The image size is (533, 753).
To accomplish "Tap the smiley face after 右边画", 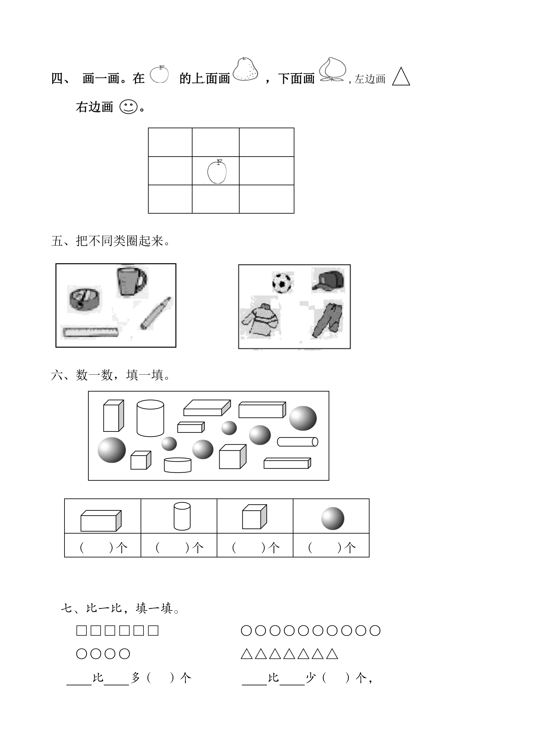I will coord(128,107).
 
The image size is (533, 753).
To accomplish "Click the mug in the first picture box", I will coord(131,282).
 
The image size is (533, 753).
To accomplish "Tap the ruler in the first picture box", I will coord(91,332).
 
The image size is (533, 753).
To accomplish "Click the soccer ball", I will coord(282,282).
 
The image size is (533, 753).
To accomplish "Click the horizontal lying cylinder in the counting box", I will coord(297,442).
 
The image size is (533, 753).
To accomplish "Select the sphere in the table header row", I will coord(332,518).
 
